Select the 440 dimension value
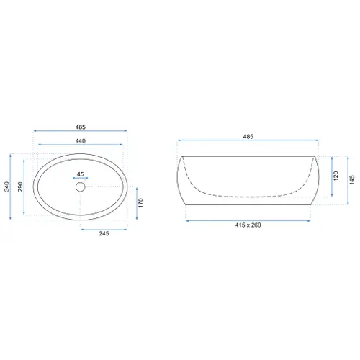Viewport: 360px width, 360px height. pos(81,141)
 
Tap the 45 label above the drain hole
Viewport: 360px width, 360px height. pos(81,174)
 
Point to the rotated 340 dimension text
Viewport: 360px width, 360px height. pos(5,187)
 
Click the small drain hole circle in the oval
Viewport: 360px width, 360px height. pos(81,187)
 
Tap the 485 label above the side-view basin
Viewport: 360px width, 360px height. pos(248,136)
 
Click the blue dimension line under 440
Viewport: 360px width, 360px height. pos(81,147)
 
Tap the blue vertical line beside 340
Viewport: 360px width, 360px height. pos(12,187)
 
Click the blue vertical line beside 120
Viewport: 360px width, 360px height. pos(330,176)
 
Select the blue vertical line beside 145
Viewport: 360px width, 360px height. pos(345,180)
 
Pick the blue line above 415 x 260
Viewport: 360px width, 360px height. pos(248,221)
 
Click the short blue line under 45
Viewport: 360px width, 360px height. pos(81,179)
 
